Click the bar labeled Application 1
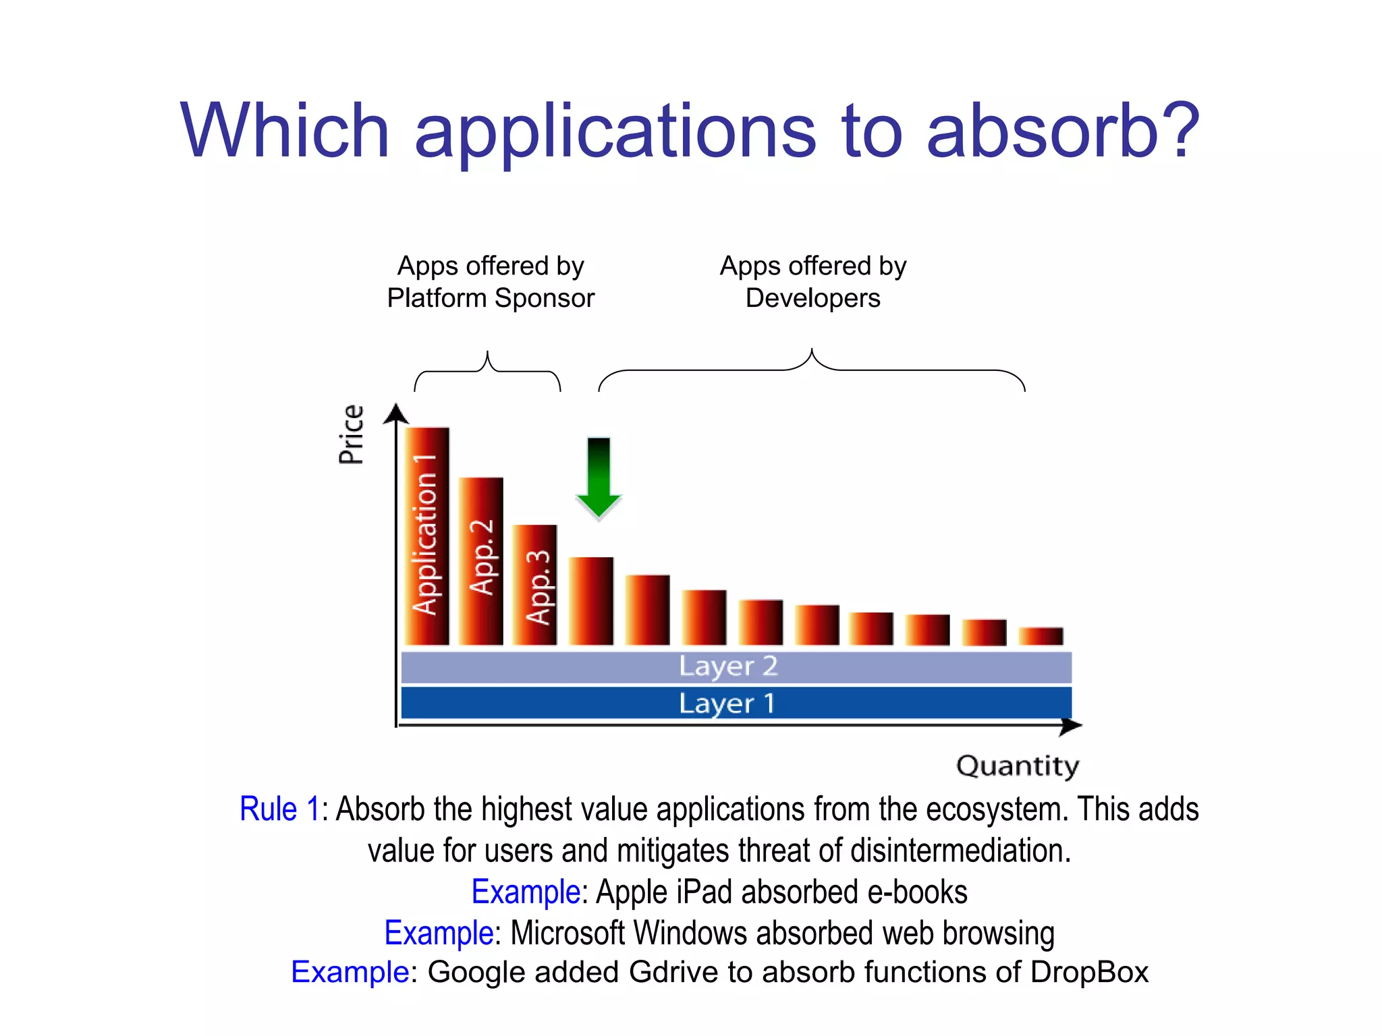[426, 536]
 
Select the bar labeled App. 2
[480, 561]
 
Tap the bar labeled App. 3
[534, 585]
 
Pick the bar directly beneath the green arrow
[591, 600]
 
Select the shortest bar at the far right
[1041, 636]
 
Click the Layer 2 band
[736, 667]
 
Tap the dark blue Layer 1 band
[736, 703]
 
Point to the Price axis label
[351, 434]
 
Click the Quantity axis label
[1018, 766]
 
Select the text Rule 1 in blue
[279, 809]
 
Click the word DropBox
[1089, 973]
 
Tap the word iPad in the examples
[704, 892]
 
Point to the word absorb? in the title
[1063, 131]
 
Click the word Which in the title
[285, 131]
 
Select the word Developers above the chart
[812, 298]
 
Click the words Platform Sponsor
[491, 298]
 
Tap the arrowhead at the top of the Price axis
[396, 413]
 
